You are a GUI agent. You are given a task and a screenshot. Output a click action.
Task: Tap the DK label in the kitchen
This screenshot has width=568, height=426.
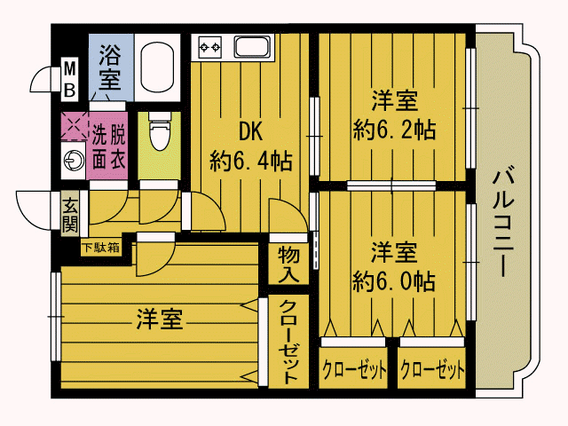tap(250, 131)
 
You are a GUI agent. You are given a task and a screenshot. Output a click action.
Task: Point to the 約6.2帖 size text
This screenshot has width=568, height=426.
tap(393, 130)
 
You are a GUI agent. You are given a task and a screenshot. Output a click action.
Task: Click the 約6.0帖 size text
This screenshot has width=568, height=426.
tap(393, 280)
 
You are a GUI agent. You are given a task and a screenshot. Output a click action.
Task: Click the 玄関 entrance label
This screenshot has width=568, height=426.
tap(70, 213)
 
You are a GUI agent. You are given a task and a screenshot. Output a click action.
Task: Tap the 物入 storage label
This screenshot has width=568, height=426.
tap(288, 264)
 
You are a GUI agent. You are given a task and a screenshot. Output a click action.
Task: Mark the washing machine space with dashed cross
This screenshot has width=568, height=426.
tap(73, 126)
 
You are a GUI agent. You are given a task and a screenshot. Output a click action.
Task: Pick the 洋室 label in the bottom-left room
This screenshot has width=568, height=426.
tap(160, 319)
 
